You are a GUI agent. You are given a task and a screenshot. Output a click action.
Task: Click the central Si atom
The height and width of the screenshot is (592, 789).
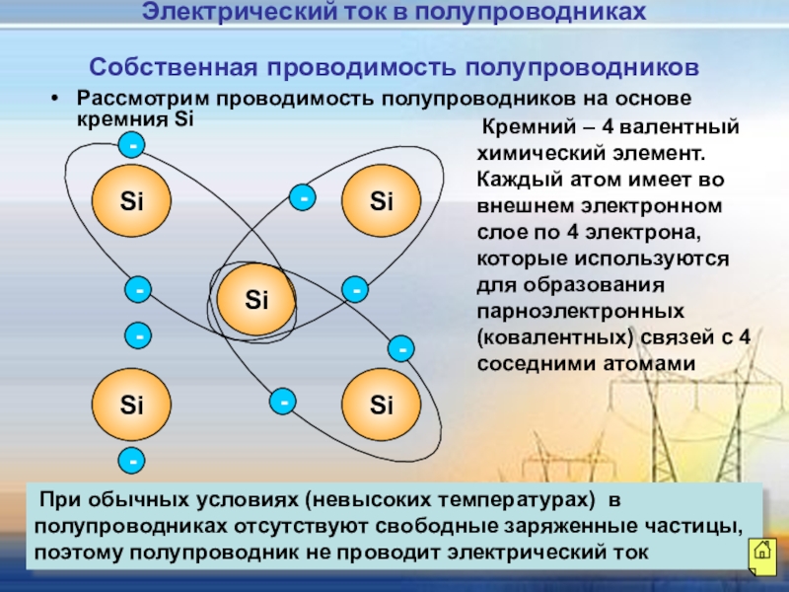tap(256, 298)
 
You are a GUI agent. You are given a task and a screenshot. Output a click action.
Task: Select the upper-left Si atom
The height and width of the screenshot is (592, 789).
tap(131, 201)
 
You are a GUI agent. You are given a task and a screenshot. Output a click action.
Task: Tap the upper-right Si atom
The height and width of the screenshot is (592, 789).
tap(382, 201)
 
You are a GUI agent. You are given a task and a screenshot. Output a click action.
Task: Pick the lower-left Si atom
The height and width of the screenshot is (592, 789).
tap(131, 404)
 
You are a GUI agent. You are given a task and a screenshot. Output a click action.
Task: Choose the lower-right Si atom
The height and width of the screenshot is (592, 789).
tap(382, 404)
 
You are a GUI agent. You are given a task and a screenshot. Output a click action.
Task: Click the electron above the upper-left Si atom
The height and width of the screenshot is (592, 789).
tap(131, 146)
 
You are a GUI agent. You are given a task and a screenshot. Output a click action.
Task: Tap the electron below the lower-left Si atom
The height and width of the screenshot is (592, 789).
tap(131, 459)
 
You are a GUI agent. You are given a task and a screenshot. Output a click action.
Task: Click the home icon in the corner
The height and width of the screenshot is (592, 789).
tap(761, 554)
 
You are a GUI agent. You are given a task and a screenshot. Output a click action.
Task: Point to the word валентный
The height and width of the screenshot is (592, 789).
tap(681, 128)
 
